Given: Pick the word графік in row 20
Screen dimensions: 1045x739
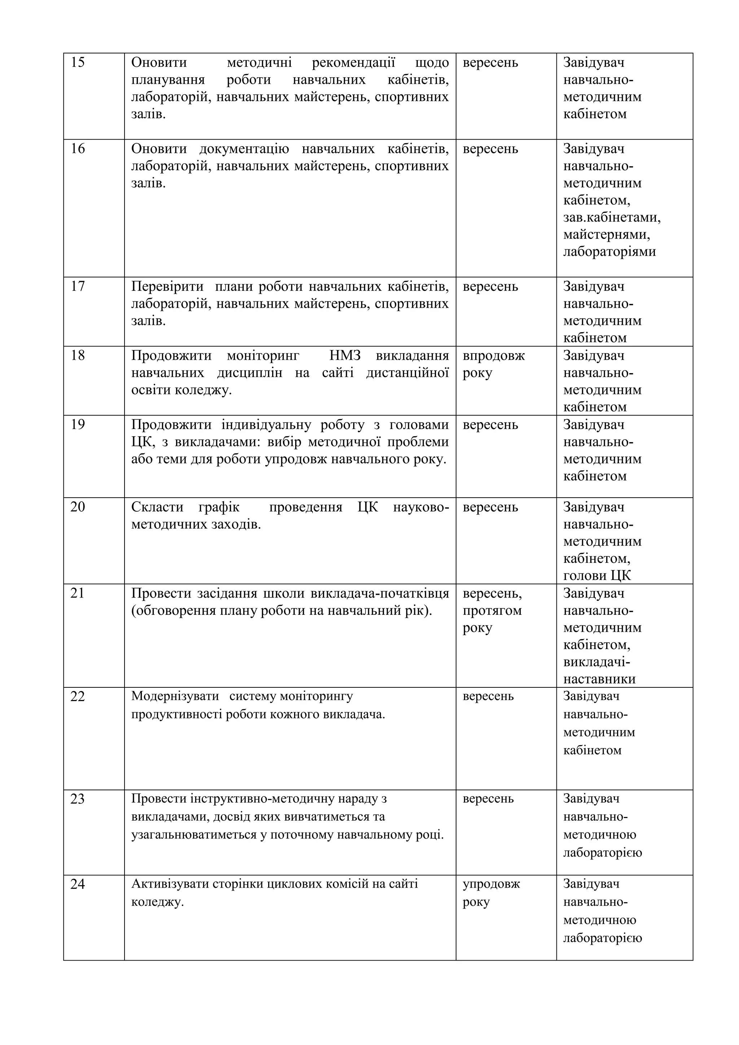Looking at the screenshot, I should coord(219,507).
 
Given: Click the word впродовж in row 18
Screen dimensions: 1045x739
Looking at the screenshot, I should coord(493,355).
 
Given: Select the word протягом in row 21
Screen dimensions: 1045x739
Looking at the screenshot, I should coord(492,610).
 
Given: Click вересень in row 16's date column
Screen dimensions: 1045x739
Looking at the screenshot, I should coord(490,149).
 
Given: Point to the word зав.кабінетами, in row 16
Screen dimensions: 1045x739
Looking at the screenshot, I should coord(612,218).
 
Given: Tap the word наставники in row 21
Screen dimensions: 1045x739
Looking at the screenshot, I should coord(599,679).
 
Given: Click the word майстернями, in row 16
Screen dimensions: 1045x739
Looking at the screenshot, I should coord(606,235).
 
